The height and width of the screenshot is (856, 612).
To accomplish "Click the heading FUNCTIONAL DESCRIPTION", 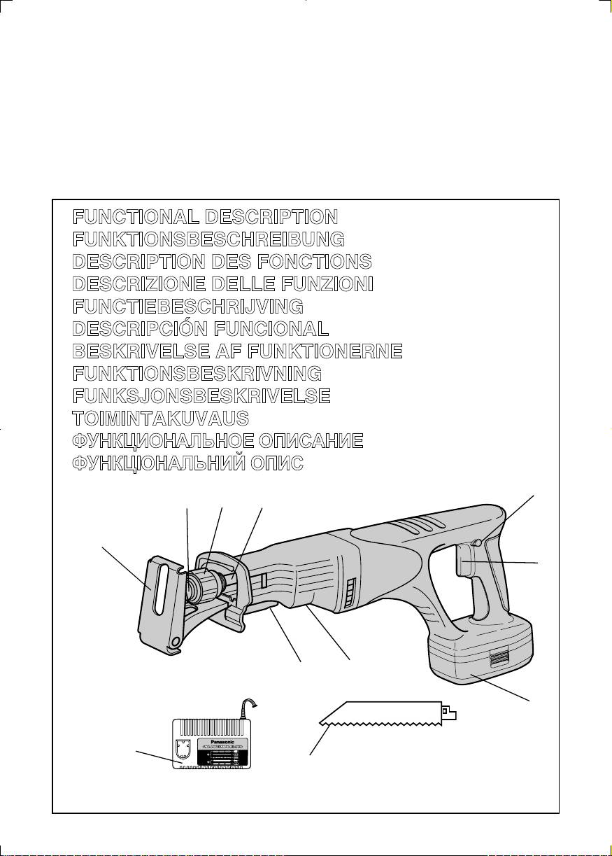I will tap(206, 216).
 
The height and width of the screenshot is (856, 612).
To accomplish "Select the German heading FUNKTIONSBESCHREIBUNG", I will tap(208, 239).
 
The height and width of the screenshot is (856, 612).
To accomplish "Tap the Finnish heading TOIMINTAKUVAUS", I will tap(161, 419).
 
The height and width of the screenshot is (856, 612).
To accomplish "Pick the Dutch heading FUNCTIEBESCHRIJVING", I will tap(188, 306).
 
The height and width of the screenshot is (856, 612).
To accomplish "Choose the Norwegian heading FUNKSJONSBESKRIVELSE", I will tap(201, 396).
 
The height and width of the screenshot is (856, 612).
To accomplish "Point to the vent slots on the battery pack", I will tap(499, 657).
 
